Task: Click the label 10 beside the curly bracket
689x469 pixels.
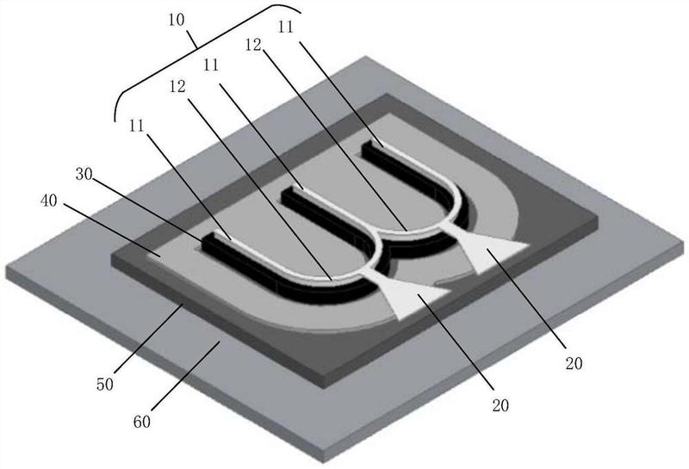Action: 177,20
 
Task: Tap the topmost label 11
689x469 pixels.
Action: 286,28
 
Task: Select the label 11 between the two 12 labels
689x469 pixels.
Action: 211,65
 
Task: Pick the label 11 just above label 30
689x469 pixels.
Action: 137,126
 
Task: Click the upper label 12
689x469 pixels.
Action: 253,45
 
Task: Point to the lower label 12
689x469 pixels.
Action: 177,87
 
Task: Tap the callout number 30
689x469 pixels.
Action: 84,175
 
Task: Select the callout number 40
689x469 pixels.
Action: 49,201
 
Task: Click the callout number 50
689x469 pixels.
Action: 105,385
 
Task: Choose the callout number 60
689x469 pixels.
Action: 142,422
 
